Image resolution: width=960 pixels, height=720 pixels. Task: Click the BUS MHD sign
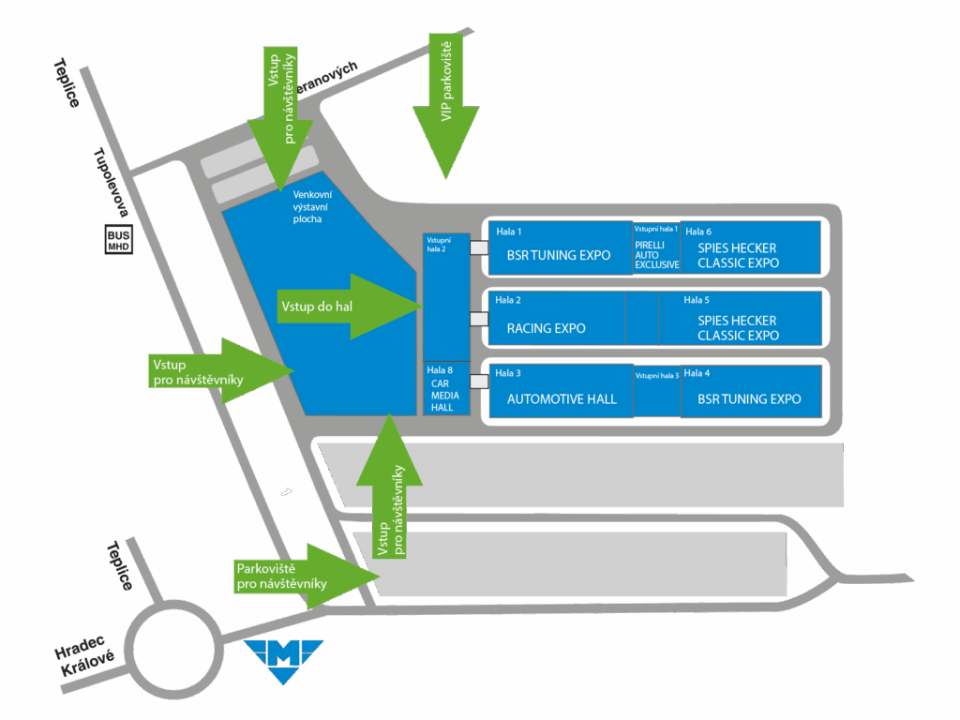pyautogui.click(x=118, y=240)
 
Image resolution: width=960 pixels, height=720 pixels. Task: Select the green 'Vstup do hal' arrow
pyautogui.click(x=350, y=307)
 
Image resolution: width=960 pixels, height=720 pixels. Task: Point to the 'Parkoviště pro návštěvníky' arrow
pyautogui.click(x=307, y=577)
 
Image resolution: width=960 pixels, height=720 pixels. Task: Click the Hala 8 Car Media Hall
pyautogui.click(x=446, y=389)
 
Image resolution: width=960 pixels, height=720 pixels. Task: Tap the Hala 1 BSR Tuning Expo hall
pyautogui.click(x=560, y=247)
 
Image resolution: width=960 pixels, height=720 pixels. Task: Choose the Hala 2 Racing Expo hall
pyautogui.click(x=557, y=319)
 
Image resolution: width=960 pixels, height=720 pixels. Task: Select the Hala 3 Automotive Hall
pyautogui.click(x=561, y=391)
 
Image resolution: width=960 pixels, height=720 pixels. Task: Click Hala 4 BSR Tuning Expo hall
pyautogui.click(x=751, y=391)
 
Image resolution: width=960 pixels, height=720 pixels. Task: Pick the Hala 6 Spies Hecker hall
pyautogui.click(x=750, y=247)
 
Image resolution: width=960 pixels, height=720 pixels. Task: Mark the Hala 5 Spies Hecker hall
pyautogui.click(x=741, y=319)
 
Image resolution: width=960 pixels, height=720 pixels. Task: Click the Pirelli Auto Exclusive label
pyautogui.click(x=656, y=255)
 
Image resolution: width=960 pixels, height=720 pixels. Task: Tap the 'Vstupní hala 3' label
pyautogui.click(x=657, y=375)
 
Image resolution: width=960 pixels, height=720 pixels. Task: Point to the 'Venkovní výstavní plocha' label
pyautogui.click(x=312, y=207)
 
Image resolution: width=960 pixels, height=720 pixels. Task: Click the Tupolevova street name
pyautogui.click(x=111, y=182)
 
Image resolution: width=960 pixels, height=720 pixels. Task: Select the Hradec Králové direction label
pyautogui.click(x=84, y=655)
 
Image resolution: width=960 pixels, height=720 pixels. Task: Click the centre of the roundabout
pyautogui.click(x=173, y=649)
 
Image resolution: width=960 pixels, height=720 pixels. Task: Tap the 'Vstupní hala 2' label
pyautogui.click(x=439, y=245)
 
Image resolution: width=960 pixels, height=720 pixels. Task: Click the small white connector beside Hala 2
pyautogui.click(x=479, y=319)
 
